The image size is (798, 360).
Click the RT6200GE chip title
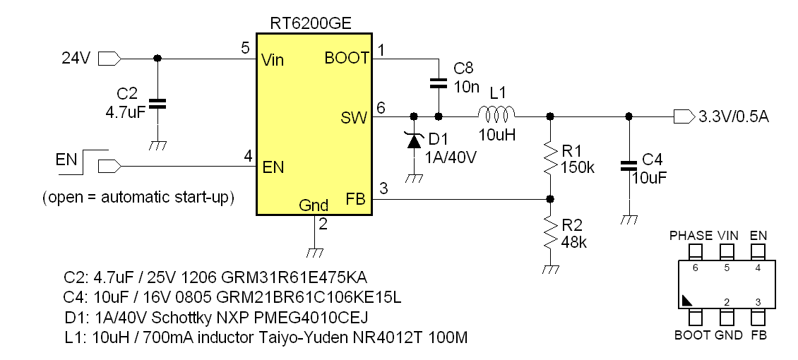pos(311,23)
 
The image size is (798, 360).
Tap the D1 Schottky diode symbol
pos(413,140)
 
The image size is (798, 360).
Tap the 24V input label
pos(76,59)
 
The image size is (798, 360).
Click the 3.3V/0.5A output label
pos(733,116)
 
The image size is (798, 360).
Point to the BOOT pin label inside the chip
pos(347,59)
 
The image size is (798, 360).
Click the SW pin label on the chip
pos(355,117)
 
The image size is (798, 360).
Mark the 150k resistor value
pos(578,169)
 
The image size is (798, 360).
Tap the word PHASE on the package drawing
pos(691,235)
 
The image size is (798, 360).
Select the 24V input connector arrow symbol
pos(109,58)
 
